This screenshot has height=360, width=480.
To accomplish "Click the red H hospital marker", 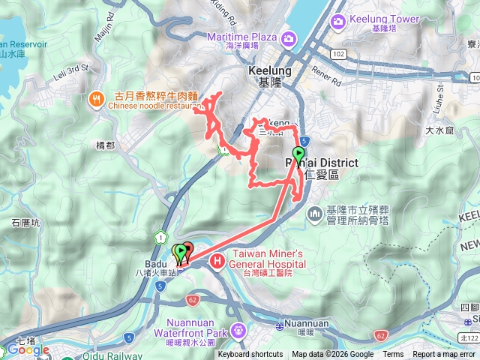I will (217, 261).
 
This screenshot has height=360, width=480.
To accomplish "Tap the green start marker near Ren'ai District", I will (298, 154).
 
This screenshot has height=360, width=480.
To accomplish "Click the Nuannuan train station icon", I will (280, 327).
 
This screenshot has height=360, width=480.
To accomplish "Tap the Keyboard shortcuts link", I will (250, 355).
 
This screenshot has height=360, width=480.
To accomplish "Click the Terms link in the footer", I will (393, 355).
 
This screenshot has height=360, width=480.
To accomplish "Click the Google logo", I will (28, 349).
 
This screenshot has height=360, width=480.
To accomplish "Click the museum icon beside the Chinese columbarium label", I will (315, 215).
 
